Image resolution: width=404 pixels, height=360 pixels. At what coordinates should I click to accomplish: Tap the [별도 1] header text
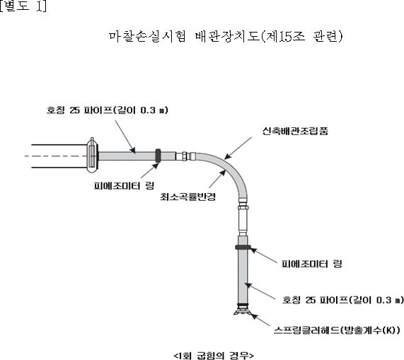(x=23, y=6)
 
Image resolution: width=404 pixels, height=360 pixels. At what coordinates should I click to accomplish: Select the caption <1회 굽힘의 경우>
(x=214, y=355)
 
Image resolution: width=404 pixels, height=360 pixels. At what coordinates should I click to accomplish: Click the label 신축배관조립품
(x=295, y=131)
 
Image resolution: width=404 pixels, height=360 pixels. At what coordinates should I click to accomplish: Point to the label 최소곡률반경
(x=187, y=197)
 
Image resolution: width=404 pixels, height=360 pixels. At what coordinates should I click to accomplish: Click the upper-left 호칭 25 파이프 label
(x=107, y=110)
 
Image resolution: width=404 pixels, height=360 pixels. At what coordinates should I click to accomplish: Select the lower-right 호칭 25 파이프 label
(x=342, y=300)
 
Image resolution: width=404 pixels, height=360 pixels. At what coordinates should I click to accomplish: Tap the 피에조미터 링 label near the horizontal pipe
(x=124, y=186)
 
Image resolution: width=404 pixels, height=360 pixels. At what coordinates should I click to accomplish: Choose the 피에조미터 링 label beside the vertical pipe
(x=312, y=264)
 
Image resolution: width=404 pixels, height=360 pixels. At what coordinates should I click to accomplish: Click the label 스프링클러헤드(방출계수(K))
(x=337, y=330)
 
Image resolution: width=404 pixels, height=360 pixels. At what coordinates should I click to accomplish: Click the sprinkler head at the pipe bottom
(x=242, y=310)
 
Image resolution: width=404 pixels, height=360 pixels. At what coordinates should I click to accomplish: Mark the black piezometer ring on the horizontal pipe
(x=158, y=156)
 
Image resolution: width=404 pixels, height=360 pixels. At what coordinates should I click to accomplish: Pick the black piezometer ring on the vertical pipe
(x=243, y=248)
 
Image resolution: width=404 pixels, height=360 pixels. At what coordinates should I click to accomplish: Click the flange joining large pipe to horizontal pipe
(x=92, y=156)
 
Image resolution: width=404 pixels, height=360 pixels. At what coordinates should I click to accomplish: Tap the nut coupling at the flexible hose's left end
(x=184, y=156)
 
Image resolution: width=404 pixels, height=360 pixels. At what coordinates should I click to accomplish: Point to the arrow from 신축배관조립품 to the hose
(x=238, y=148)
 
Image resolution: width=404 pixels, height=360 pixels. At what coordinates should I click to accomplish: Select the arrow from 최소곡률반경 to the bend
(x=217, y=179)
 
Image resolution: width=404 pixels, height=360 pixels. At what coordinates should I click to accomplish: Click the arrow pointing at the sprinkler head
(x=260, y=320)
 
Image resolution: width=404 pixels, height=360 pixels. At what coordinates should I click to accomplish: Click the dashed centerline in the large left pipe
(x=57, y=156)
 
